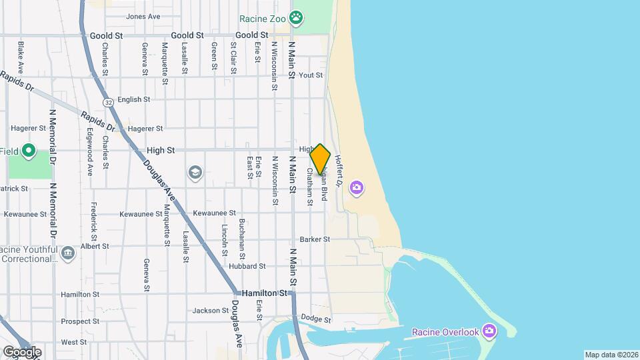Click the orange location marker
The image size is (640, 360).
click(320, 159)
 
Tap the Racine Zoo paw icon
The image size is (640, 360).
click(296, 17)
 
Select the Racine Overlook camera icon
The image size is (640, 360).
click(489, 331)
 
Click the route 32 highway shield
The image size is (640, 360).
click(108, 102)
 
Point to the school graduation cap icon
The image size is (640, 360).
click(195, 173)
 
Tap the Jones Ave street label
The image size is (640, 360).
click(143, 16)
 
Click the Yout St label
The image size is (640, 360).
click(311, 76)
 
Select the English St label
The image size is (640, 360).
click(133, 100)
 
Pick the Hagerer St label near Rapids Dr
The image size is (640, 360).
click(145, 129)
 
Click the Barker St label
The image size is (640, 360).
click(315, 239)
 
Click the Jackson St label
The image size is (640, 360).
click(211, 311)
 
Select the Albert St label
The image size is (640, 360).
click(95, 246)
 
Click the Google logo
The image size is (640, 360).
click(21, 351)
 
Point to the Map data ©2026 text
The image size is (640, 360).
click(611, 355)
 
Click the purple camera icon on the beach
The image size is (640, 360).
click(357, 188)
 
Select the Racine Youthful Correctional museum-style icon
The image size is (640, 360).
click(67, 253)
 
